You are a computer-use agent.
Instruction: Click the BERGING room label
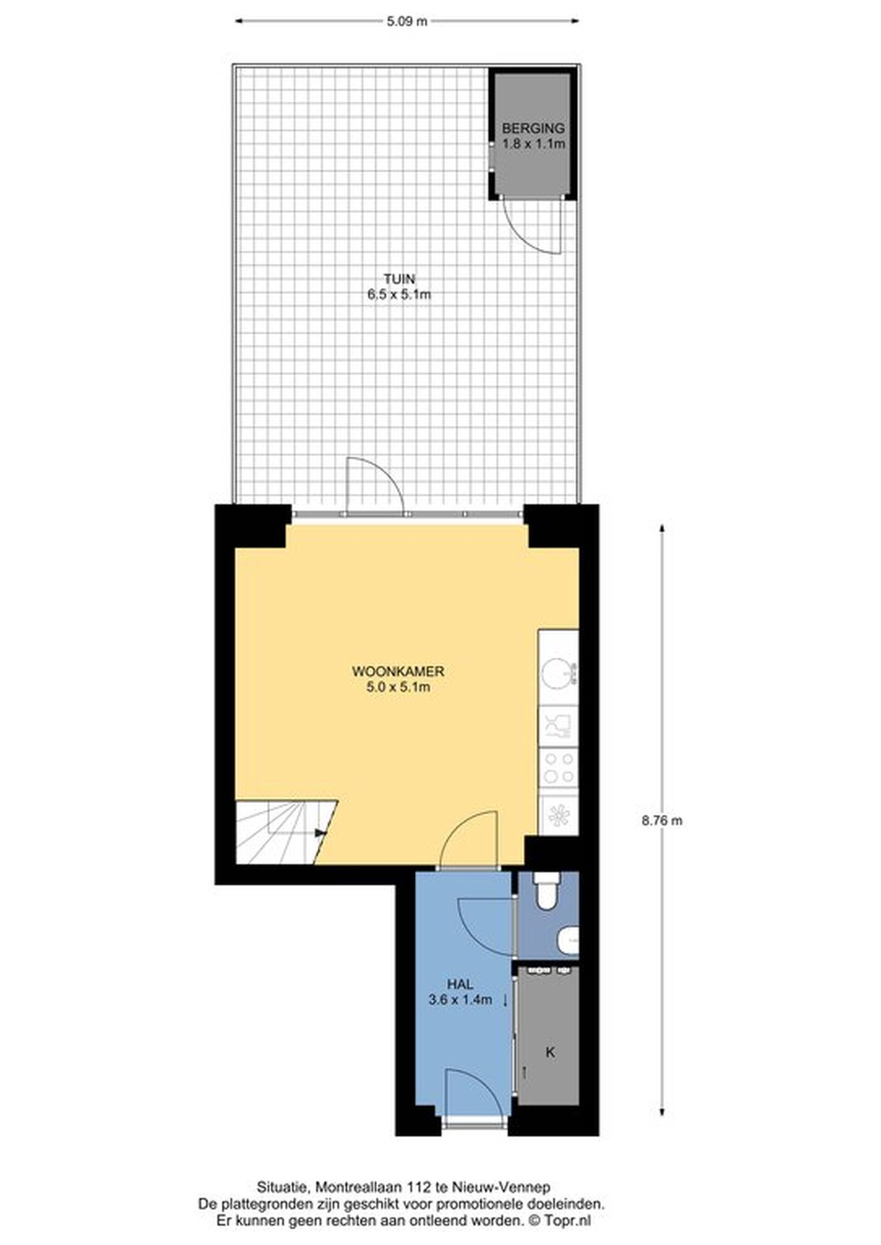[533, 128]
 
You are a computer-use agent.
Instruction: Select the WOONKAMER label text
[398, 671]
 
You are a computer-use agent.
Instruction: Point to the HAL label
[460, 983]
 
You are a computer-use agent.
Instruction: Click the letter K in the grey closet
[550, 1052]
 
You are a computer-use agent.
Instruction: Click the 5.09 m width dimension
[407, 22]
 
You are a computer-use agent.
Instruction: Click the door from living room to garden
[375, 485]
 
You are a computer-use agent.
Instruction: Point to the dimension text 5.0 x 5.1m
[398, 687]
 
